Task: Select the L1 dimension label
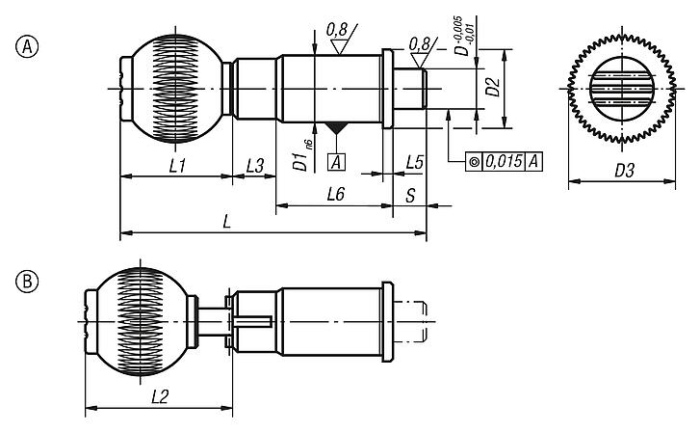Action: [177, 166]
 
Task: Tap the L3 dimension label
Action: [255, 166]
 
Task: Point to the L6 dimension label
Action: [336, 195]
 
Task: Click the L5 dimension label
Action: [415, 160]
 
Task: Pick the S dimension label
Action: [410, 195]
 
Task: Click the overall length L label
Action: [226, 222]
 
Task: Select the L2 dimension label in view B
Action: [162, 396]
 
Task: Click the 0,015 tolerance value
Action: [504, 161]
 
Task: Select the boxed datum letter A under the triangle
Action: [338, 160]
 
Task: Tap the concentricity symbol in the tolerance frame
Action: [475, 161]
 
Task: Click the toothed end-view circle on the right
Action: [622, 89]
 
